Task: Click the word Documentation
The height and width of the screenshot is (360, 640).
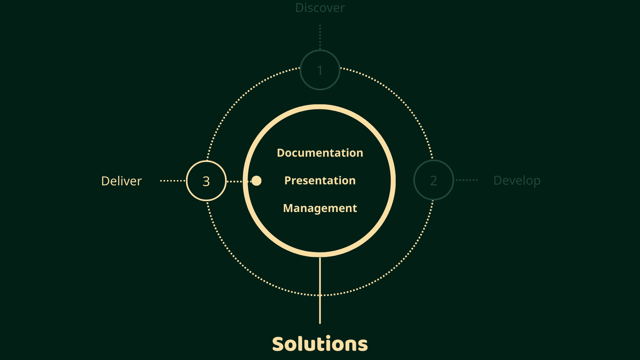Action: [320, 153]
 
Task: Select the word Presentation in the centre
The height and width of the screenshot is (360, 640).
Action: [320, 180]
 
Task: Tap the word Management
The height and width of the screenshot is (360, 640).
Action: [320, 208]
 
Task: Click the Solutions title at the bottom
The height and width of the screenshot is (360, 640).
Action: [320, 344]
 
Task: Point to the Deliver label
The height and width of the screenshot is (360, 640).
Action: [121, 181]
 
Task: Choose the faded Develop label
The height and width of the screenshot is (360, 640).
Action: [517, 180]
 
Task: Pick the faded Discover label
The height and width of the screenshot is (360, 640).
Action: [320, 8]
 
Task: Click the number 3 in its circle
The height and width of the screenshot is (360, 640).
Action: [206, 181]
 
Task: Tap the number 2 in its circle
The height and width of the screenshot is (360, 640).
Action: [434, 181]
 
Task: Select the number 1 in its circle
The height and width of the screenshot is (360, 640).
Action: [320, 70]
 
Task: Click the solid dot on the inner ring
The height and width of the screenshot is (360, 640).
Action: [256, 181]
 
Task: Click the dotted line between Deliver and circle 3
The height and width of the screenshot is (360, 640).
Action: [173, 181]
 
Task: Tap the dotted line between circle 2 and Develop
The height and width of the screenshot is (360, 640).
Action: [466, 180]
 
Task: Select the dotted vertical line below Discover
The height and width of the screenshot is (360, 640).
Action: [320, 37]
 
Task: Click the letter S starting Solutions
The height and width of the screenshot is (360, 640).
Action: [278, 344]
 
